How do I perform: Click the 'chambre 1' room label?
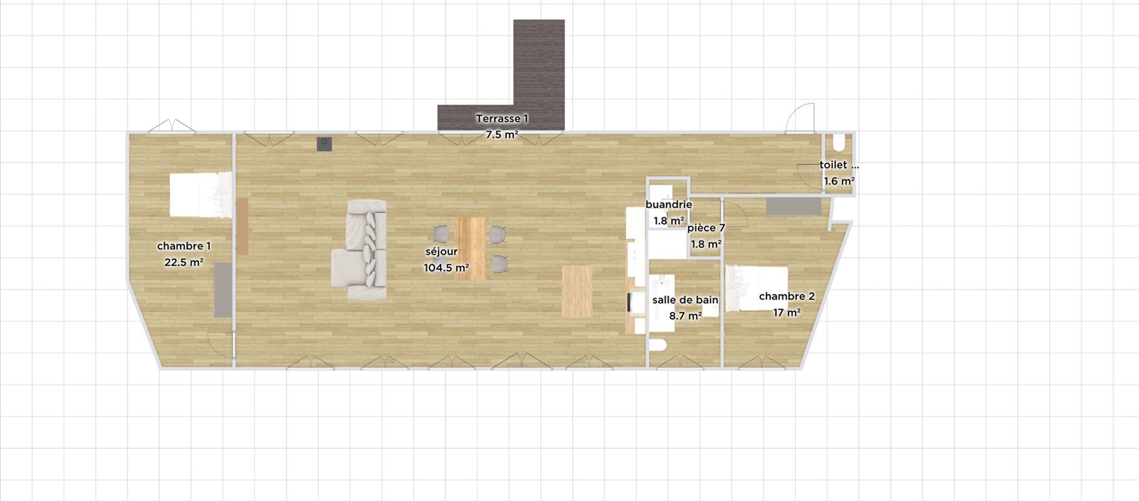(x=184, y=246)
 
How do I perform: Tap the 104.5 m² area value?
(x=446, y=268)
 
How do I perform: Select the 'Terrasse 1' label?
(x=502, y=118)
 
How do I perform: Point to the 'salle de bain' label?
(x=685, y=300)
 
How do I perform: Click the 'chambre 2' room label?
(x=787, y=296)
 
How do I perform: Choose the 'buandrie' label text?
(x=669, y=205)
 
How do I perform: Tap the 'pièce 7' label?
(x=706, y=228)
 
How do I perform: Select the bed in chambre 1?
(x=200, y=196)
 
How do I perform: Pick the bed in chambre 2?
(x=757, y=289)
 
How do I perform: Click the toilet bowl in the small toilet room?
(x=839, y=143)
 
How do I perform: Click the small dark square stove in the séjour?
(x=324, y=144)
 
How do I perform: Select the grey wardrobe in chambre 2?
(x=793, y=207)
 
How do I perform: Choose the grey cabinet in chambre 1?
(x=223, y=290)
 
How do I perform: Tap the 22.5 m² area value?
(x=184, y=262)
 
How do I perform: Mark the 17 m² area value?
(x=787, y=312)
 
